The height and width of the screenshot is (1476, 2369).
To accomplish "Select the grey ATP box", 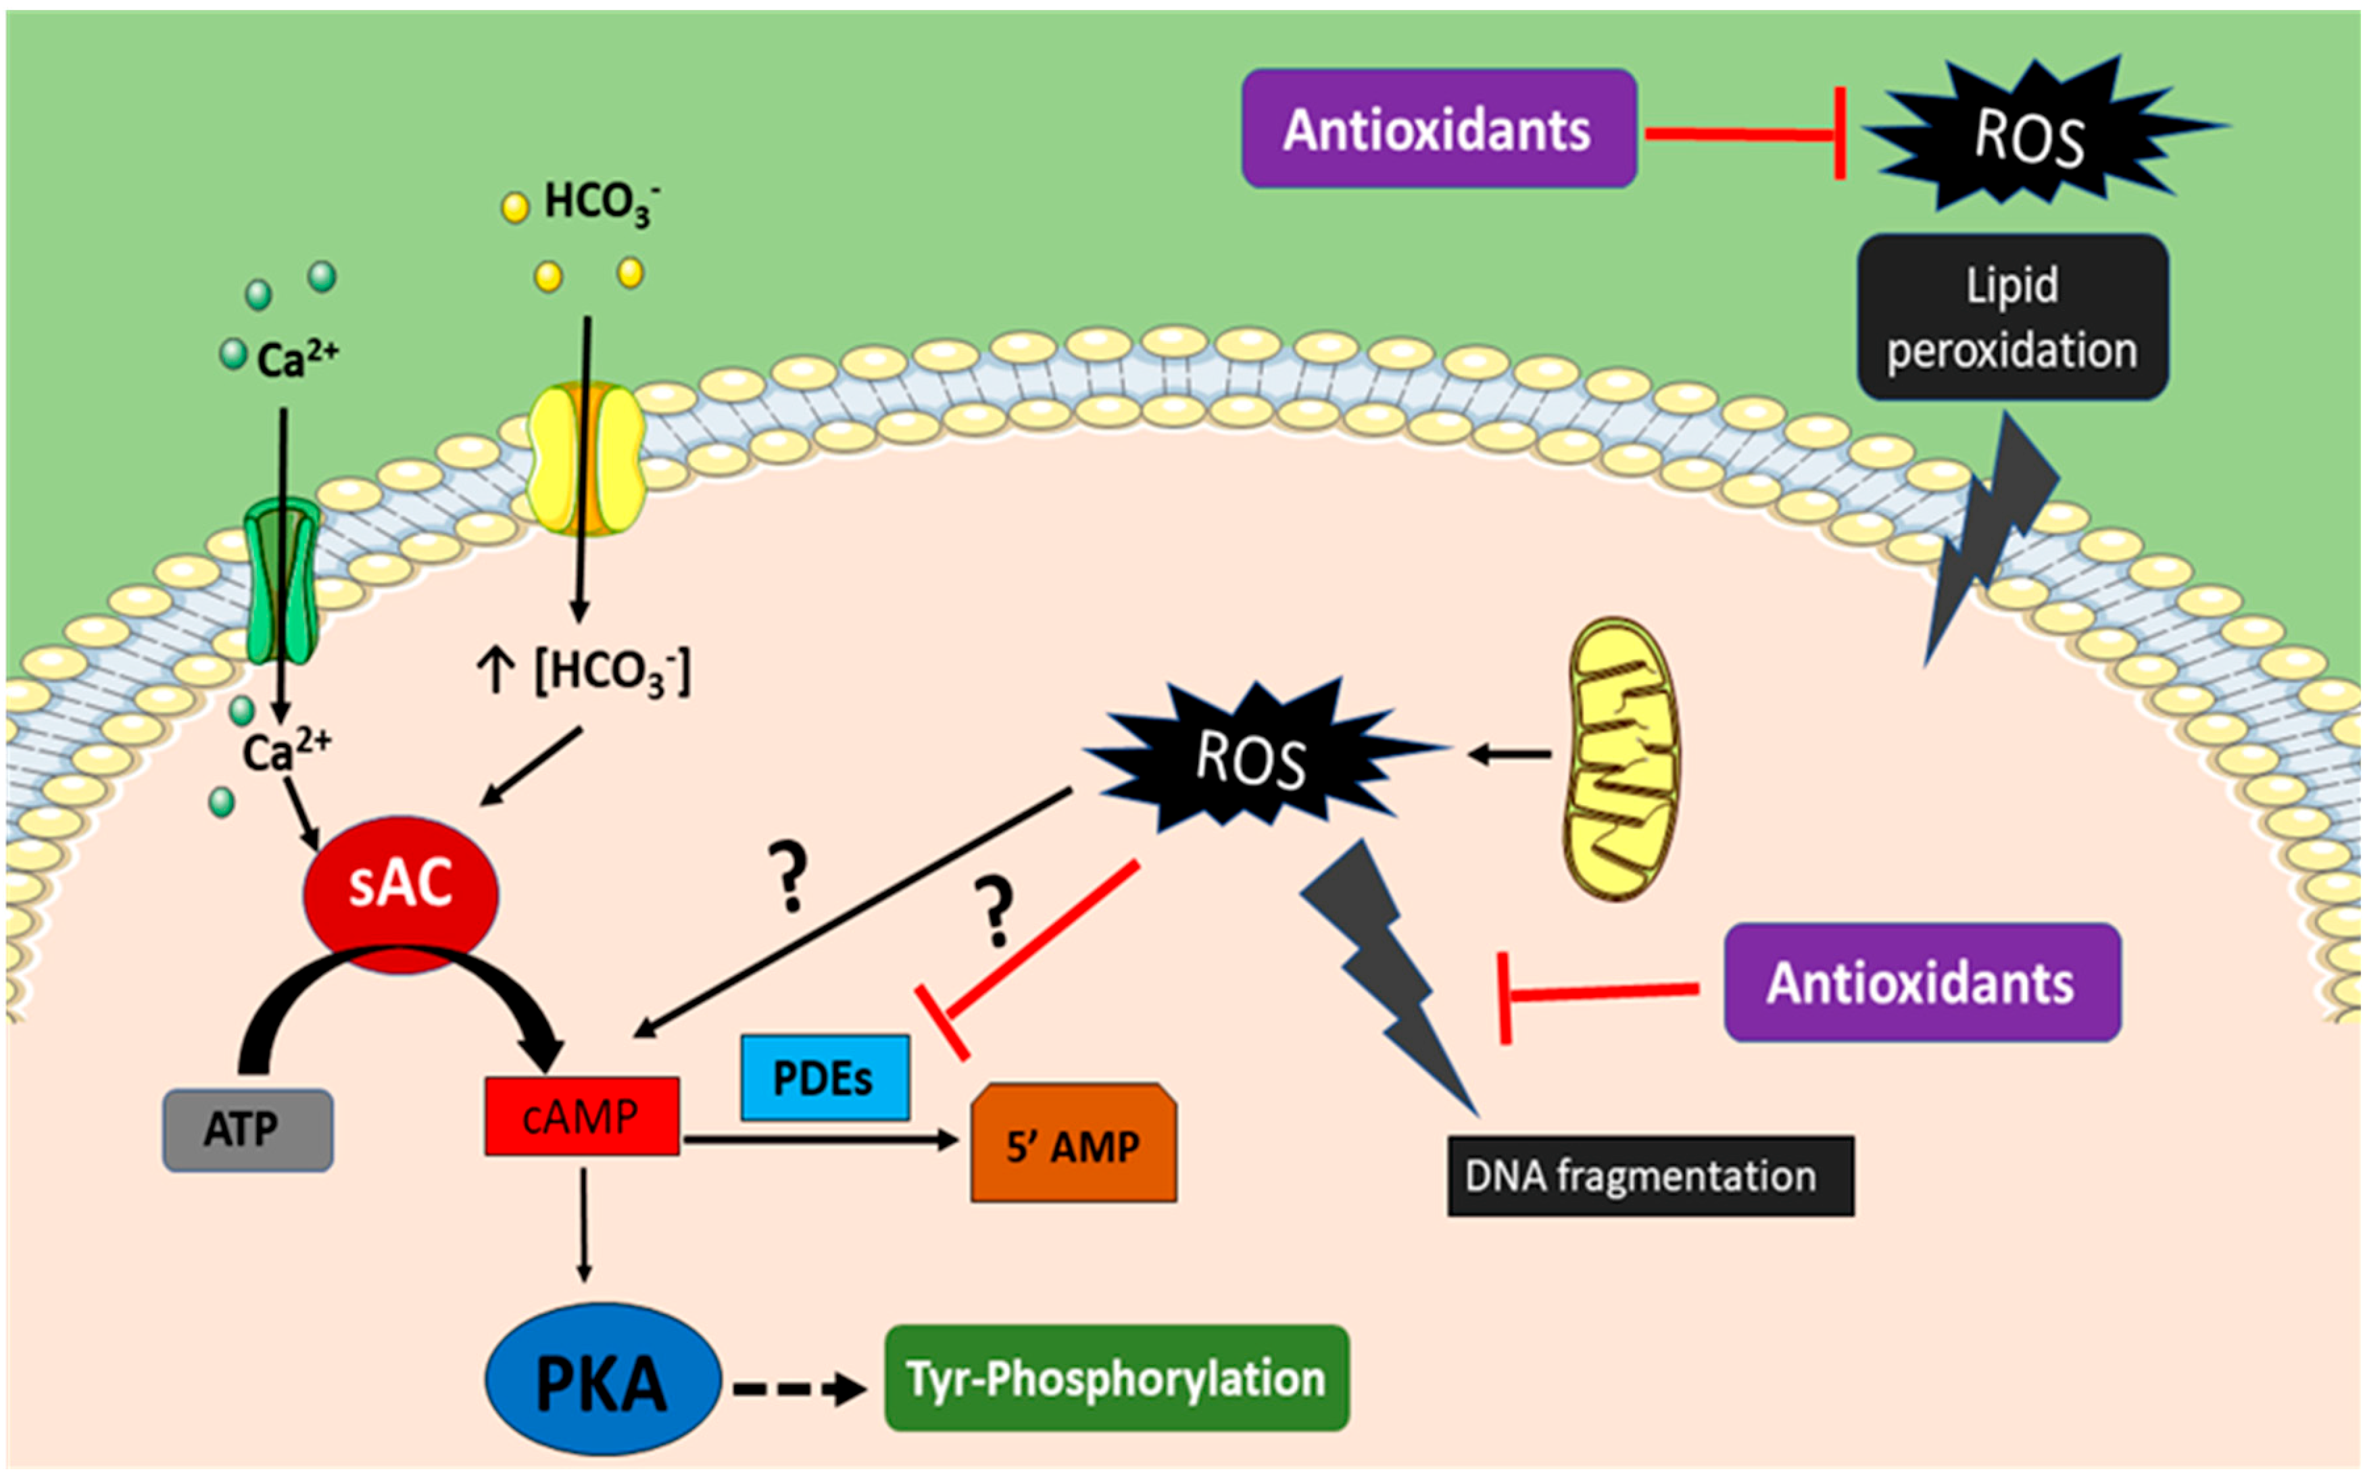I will pos(247,1129).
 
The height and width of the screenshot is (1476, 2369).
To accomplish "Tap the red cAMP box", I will pos(582,1116).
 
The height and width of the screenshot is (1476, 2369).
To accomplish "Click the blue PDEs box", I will pos(825,1077).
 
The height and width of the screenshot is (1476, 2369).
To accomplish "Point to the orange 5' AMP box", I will pos(1073,1145).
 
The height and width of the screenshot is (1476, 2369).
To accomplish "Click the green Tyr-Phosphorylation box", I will pos(1116,1378).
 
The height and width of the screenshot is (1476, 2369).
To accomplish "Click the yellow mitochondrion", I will pos(1622,759).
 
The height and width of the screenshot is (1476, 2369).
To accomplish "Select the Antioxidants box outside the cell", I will pos(1438,129).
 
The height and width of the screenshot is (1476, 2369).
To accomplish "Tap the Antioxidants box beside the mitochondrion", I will pos(1921,982).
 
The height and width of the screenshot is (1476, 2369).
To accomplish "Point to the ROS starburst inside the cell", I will pos(1252,757).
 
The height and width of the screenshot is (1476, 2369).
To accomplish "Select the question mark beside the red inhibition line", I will pos(995,911).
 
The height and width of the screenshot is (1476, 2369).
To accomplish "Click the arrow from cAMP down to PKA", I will pos(583,1226).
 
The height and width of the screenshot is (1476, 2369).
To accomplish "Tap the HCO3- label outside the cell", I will pos(597,202).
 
